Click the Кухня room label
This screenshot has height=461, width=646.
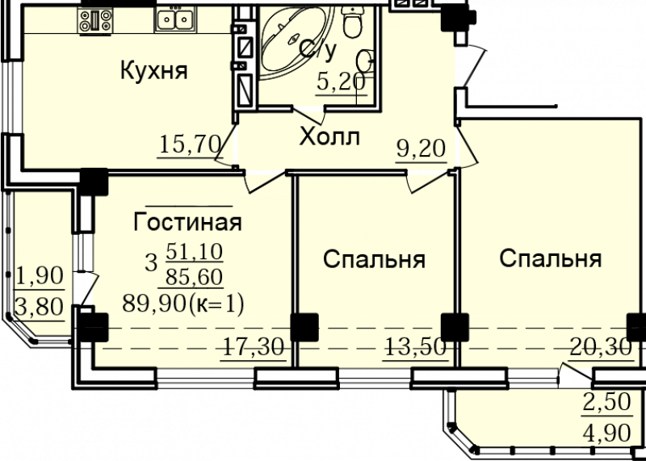[153, 70]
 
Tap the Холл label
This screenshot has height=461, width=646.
[329, 136]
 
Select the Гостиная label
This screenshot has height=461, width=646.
[187, 223]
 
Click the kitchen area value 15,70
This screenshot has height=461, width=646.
[190, 145]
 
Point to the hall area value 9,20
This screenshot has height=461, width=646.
[422, 149]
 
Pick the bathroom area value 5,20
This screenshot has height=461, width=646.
[341, 82]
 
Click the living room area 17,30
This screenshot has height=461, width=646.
[253, 348]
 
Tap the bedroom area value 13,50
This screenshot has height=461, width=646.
[415, 348]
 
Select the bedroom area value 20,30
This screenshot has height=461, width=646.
[601, 348]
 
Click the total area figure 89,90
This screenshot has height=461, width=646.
[153, 304]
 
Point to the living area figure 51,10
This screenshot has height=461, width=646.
[194, 251]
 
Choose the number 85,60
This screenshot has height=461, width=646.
[194, 277]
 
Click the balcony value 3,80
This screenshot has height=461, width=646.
[40, 307]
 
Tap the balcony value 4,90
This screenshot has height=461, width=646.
[606, 433]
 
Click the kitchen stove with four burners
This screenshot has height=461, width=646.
[95, 21]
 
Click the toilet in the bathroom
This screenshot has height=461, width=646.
[352, 23]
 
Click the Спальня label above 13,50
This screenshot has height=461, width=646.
[374, 260]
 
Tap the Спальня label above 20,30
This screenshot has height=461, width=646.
[551, 259]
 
